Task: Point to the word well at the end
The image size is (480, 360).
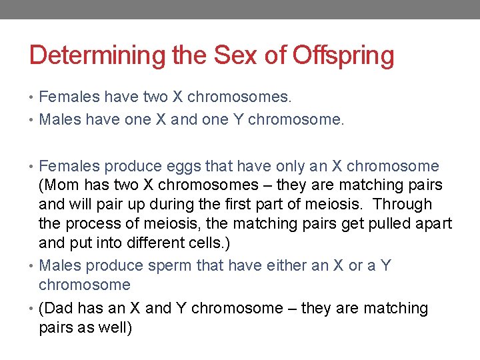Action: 116,327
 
